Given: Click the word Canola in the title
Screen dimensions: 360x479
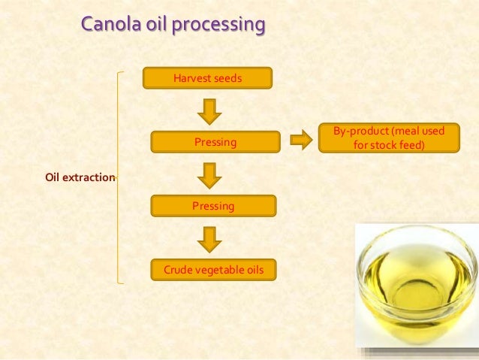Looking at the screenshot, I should (107, 26).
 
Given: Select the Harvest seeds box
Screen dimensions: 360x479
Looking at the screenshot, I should (207, 77).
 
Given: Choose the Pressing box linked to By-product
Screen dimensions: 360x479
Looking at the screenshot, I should (215, 141).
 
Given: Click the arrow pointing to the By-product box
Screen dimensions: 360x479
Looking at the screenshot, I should (300, 141).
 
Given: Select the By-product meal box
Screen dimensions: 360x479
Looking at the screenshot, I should (389, 138).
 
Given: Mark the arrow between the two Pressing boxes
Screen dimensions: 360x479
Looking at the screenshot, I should (209, 174).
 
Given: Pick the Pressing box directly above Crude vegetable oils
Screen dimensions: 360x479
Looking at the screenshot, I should (213, 205).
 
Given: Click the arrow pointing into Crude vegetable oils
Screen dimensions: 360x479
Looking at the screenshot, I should (209, 239).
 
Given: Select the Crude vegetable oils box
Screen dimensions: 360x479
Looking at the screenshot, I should (213, 269).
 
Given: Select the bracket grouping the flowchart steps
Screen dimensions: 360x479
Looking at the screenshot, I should (120, 177).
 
